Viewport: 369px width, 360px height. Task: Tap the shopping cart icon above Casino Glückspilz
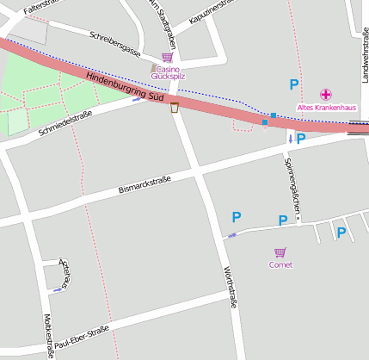pos(167,57)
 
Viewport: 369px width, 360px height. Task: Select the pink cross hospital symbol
pos(326,94)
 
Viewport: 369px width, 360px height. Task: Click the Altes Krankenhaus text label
pos(326,107)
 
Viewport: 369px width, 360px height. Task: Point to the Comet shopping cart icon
pos(280,252)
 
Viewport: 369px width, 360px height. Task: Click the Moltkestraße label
pos(47,335)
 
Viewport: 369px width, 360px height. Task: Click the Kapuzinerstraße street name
pos(212,12)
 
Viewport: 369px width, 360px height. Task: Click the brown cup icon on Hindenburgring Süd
pos(175,107)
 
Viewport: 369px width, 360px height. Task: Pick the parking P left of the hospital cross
pos(293,84)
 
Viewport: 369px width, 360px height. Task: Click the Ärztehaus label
pos(63,272)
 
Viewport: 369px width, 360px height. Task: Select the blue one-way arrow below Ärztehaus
pos(58,290)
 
